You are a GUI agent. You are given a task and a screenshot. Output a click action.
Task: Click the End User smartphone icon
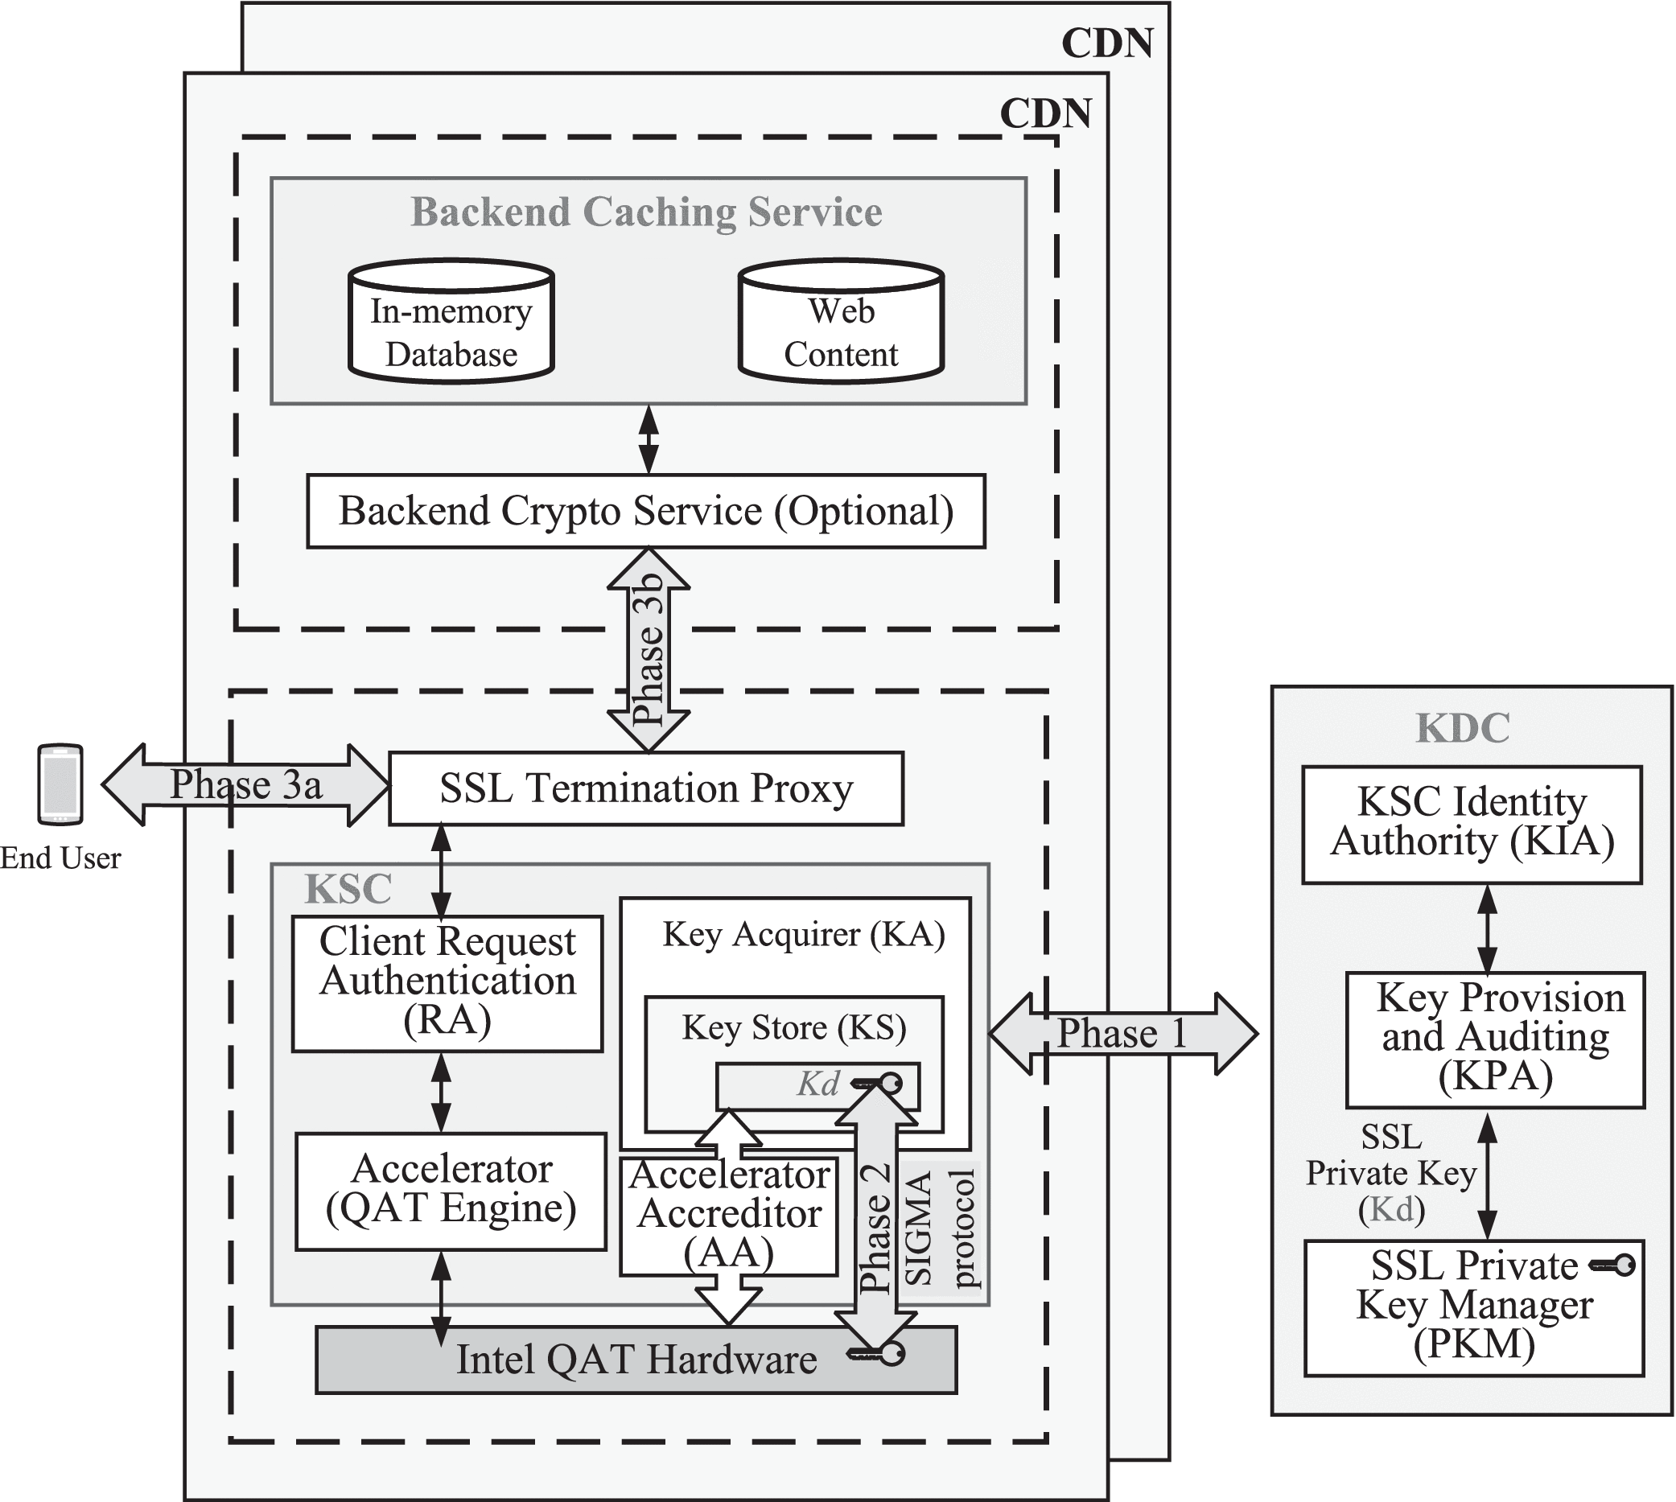click(x=60, y=784)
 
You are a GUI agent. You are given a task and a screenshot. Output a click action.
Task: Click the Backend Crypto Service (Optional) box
click(x=646, y=511)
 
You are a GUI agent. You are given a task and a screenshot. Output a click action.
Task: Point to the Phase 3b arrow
click(x=649, y=649)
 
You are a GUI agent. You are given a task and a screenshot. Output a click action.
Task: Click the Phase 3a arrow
click(x=245, y=785)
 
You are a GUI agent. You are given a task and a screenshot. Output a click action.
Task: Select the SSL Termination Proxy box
click(x=646, y=788)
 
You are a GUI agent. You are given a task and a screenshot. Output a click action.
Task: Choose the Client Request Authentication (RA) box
click(x=447, y=983)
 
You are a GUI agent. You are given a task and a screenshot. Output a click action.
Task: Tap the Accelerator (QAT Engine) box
click(x=451, y=1191)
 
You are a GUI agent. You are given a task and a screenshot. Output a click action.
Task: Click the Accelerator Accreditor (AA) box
click(x=729, y=1216)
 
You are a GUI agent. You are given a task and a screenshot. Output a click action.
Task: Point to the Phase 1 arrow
click(x=1122, y=1033)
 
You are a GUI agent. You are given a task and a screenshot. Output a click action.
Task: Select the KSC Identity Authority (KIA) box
click(x=1472, y=825)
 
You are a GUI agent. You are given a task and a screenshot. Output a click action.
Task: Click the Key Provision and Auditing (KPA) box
click(x=1494, y=1039)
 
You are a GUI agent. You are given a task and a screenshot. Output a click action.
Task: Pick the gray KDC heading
click(x=1462, y=729)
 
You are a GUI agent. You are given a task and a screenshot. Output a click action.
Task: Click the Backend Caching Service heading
click(x=646, y=212)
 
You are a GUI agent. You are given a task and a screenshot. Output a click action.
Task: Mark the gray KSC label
click(x=348, y=889)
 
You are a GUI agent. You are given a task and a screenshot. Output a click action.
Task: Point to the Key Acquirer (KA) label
click(x=803, y=935)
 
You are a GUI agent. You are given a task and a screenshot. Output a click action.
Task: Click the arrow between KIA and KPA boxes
click(x=1487, y=928)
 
